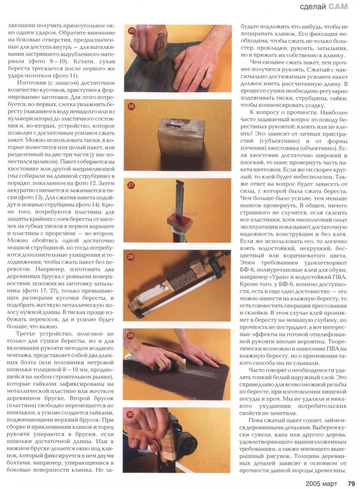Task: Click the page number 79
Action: [x=351, y=484]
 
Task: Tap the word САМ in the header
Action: [x=338, y=7]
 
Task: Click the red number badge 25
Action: [x=131, y=30]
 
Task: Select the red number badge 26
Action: [x=131, y=106]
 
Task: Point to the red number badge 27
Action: [x=131, y=185]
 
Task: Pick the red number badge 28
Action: [x=130, y=257]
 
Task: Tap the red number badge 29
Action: [x=130, y=335]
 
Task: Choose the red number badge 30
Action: [x=130, y=414]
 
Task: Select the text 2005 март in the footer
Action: [x=321, y=484]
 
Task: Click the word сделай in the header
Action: [x=313, y=7]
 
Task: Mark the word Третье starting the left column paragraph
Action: [x=26, y=334]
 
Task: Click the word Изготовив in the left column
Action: [x=31, y=83]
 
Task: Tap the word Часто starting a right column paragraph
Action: [x=257, y=370]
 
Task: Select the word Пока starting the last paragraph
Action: [x=256, y=421]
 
